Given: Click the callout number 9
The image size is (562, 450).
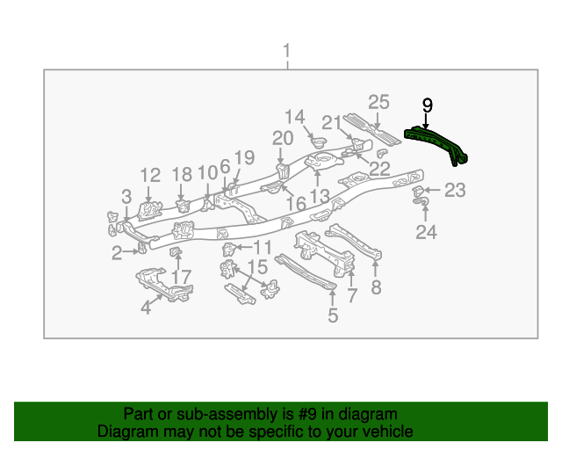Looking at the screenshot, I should [428, 105].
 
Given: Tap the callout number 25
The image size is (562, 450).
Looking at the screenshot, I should [378, 102].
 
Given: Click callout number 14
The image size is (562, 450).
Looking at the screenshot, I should [294, 117].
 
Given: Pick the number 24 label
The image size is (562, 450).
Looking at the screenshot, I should [426, 232].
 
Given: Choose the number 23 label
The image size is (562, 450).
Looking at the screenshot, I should [455, 190].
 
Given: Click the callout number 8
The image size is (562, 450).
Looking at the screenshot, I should [377, 287].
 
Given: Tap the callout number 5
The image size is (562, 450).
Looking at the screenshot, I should [333, 315].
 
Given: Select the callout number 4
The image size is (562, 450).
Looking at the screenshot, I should [147, 307].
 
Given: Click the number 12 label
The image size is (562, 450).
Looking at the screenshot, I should [150, 175].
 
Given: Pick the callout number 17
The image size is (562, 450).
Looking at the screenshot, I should [180, 277].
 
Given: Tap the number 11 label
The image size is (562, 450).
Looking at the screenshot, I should [263, 248].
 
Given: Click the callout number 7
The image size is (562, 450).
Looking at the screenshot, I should [352, 295].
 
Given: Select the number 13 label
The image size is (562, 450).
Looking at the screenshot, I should [319, 195].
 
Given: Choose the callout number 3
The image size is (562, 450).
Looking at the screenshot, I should [126, 195].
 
